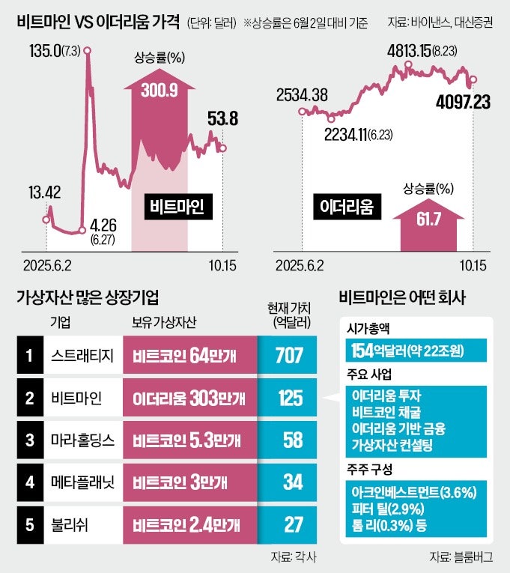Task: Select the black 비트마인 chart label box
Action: [x=178, y=206]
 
